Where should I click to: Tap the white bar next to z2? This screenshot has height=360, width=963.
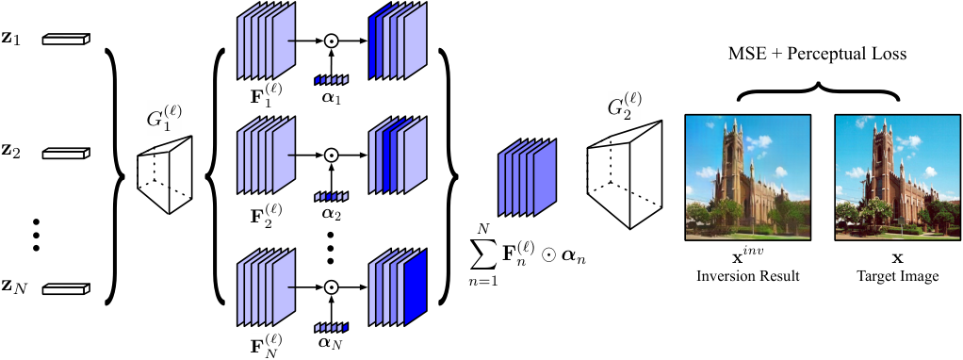click(x=66, y=153)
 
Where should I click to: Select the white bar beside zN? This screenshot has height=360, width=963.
click(x=66, y=286)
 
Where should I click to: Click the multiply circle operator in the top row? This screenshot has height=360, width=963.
click(x=332, y=41)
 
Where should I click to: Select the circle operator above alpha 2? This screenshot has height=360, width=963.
click(x=332, y=154)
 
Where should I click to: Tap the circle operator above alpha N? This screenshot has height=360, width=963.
click(x=332, y=286)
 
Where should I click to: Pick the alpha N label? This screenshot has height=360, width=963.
click(x=332, y=343)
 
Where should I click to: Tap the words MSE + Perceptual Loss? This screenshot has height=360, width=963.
click(x=818, y=54)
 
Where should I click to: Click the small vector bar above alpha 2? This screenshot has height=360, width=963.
click(x=331, y=197)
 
